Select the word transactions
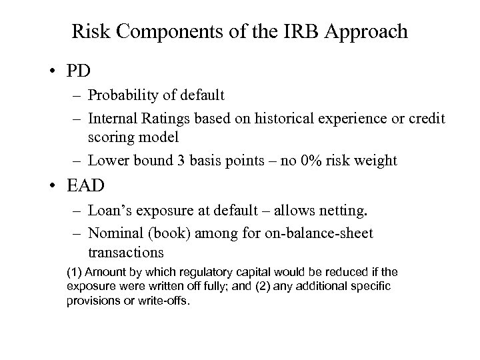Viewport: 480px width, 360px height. [x=124, y=253]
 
